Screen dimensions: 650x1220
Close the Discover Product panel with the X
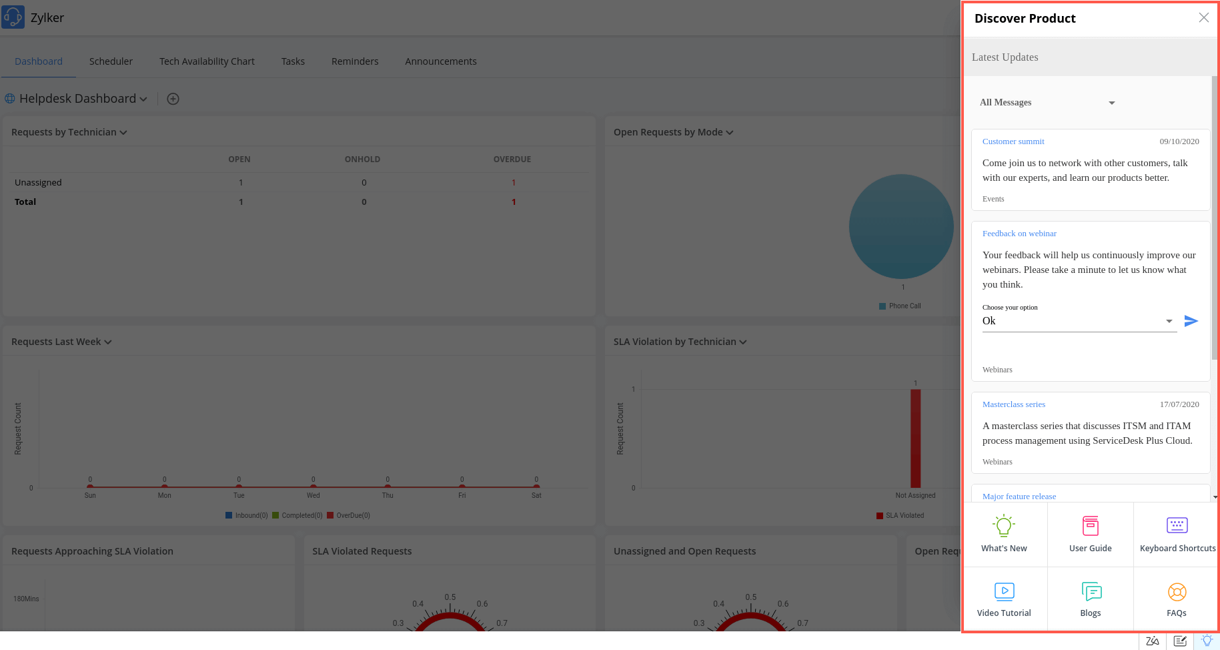1203,18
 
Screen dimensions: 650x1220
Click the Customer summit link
1013,141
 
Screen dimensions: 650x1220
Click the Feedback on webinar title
1019,234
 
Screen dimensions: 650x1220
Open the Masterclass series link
1013,404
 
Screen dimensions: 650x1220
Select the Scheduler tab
111,61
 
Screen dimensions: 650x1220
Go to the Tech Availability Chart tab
207,61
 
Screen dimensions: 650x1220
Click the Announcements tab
440,61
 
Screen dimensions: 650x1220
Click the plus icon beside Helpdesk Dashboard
173,99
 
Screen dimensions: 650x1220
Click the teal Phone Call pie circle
900,226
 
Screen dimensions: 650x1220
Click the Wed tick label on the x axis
313,496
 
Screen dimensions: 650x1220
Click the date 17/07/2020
1179,404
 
